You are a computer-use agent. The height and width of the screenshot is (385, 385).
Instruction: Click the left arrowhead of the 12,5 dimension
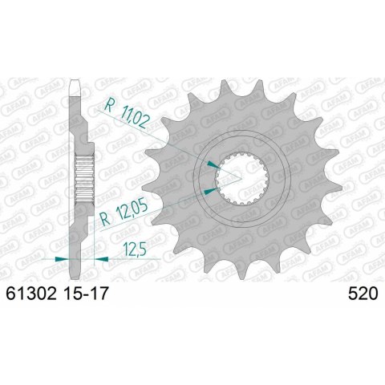(x=63, y=258)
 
